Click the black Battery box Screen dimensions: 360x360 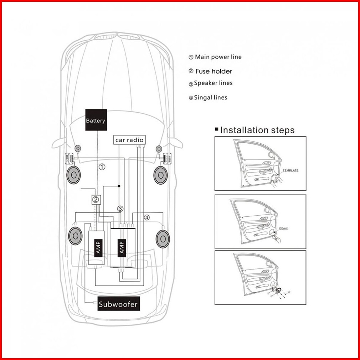click(96, 120)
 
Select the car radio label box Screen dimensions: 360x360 click(129, 140)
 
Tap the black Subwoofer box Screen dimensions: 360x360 click(119, 304)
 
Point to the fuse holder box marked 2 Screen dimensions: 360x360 click(96, 200)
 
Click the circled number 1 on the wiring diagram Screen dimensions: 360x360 click(102, 167)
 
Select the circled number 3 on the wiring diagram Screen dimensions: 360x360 click(120, 209)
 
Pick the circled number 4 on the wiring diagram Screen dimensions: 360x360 click(147, 217)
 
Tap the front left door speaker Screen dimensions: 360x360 click(73, 175)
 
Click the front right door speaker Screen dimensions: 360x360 click(160, 175)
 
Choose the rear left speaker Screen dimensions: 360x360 click(75, 236)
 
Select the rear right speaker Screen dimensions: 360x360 click(163, 239)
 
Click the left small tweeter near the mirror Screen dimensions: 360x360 click(78, 149)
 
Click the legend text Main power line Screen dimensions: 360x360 click(218, 57)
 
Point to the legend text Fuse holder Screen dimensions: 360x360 click(214, 71)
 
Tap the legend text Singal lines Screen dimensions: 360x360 click(211, 98)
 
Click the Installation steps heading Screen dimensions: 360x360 click(257, 130)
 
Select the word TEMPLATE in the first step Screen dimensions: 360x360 click(290, 170)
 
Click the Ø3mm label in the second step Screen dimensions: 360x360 click(284, 228)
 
